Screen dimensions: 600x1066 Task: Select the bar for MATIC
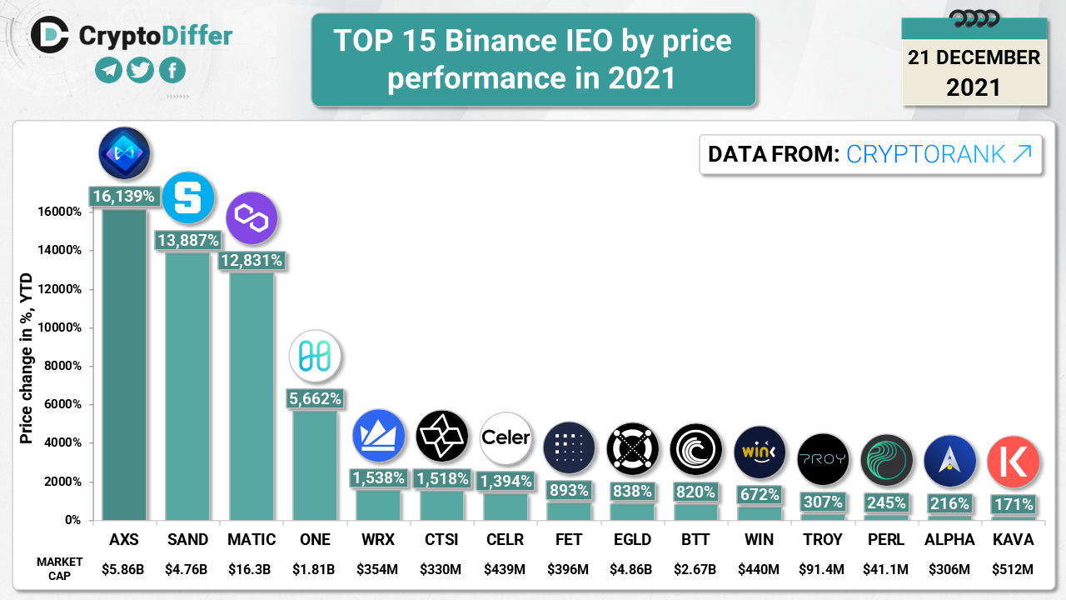pyautogui.click(x=252, y=392)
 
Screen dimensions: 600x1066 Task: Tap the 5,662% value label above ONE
pyautogui.click(x=315, y=399)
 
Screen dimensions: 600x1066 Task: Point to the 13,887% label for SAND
pyautogui.click(x=187, y=241)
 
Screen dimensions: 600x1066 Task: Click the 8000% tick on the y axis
pyautogui.click(x=62, y=366)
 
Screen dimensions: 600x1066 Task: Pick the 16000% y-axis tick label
pyautogui.click(x=59, y=212)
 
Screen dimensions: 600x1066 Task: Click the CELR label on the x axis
pyautogui.click(x=506, y=540)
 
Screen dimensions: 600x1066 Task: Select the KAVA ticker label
pyautogui.click(x=1013, y=540)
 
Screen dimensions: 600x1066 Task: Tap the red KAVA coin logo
pyautogui.click(x=1013, y=461)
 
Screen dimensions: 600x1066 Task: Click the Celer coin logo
pyautogui.click(x=506, y=437)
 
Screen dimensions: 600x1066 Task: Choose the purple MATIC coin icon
pyautogui.click(x=252, y=217)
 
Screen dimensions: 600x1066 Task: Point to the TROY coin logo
pyautogui.click(x=823, y=459)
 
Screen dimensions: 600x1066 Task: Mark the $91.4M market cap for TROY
pyautogui.click(x=823, y=570)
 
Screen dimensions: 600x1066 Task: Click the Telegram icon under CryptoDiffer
pyautogui.click(x=109, y=71)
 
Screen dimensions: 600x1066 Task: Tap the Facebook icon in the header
pyautogui.click(x=172, y=71)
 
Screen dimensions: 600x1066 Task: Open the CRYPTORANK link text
pyautogui.click(x=939, y=154)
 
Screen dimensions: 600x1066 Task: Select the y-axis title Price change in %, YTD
pyautogui.click(x=27, y=358)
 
